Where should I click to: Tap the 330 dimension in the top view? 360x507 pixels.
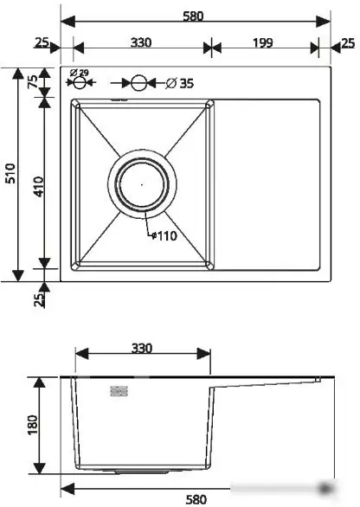tap(142, 42)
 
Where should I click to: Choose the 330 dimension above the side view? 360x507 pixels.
tap(142, 349)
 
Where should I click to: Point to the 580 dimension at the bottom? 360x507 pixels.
tap(196, 498)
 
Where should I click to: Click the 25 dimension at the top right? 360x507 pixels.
tap(347, 42)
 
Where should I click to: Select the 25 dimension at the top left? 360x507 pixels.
tap(41, 42)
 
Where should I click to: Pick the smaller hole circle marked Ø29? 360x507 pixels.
tap(80, 84)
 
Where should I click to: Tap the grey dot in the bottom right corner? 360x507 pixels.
tap(326, 490)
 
